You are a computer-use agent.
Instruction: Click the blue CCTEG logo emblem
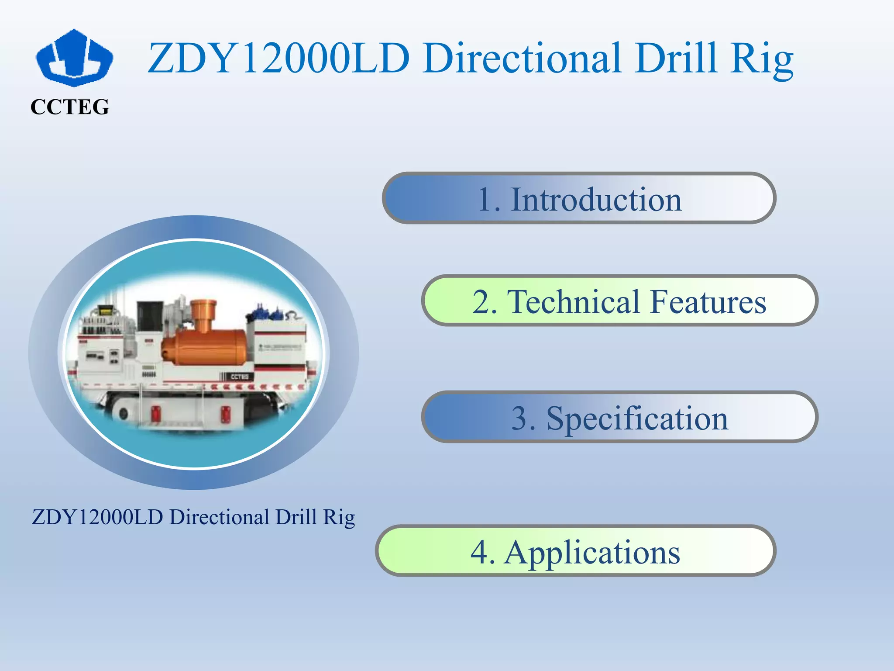point(74,58)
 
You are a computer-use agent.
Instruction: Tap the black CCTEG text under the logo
point(70,107)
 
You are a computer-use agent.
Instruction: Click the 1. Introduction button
point(579,198)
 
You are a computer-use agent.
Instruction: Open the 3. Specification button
point(619,417)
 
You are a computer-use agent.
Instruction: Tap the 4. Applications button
point(575,551)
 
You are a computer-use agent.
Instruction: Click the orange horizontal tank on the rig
point(205,347)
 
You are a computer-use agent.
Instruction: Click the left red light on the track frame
point(155,413)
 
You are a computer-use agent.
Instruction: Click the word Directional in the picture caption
point(219,517)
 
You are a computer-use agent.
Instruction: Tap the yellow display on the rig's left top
point(105,311)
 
